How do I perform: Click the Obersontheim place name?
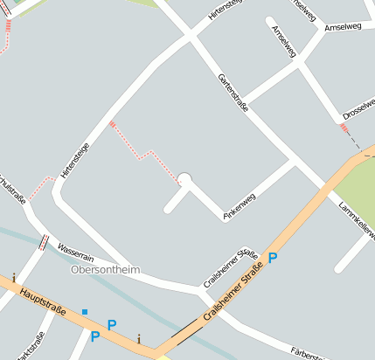point(104,270)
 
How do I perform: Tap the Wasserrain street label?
point(75,250)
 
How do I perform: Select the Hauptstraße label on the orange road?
point(45,299)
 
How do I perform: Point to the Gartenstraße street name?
point(234,92)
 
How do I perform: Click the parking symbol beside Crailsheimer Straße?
point(273,257)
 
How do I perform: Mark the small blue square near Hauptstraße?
point(85,311)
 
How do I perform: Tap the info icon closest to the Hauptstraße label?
point(14,278)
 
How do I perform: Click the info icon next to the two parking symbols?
point(139,339)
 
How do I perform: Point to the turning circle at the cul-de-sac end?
point(184,179)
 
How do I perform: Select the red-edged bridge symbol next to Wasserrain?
point(42,242)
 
